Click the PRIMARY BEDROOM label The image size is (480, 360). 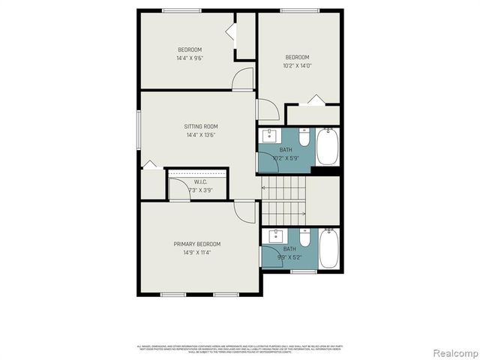(x=197, y=244)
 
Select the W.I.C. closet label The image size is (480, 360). (x=200, y=182)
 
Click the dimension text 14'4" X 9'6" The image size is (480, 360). (x=190, y=58)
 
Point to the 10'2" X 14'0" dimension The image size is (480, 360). (x=298, y=66)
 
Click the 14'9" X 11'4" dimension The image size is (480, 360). (x=197, y=253)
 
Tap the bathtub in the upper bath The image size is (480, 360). (x=328, y=146)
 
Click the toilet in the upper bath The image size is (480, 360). (x=304, y=137)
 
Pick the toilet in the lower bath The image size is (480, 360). (x=304, y=238)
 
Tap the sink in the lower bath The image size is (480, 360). (x=274, y=236)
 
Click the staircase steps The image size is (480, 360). (x=283, y=201)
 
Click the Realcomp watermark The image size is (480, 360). (x=453, y=352)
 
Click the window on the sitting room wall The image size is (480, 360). (x=138, y=129)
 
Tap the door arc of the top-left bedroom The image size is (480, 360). (x=242, y=79)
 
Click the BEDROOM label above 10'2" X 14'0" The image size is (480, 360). (x=297, y=58)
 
